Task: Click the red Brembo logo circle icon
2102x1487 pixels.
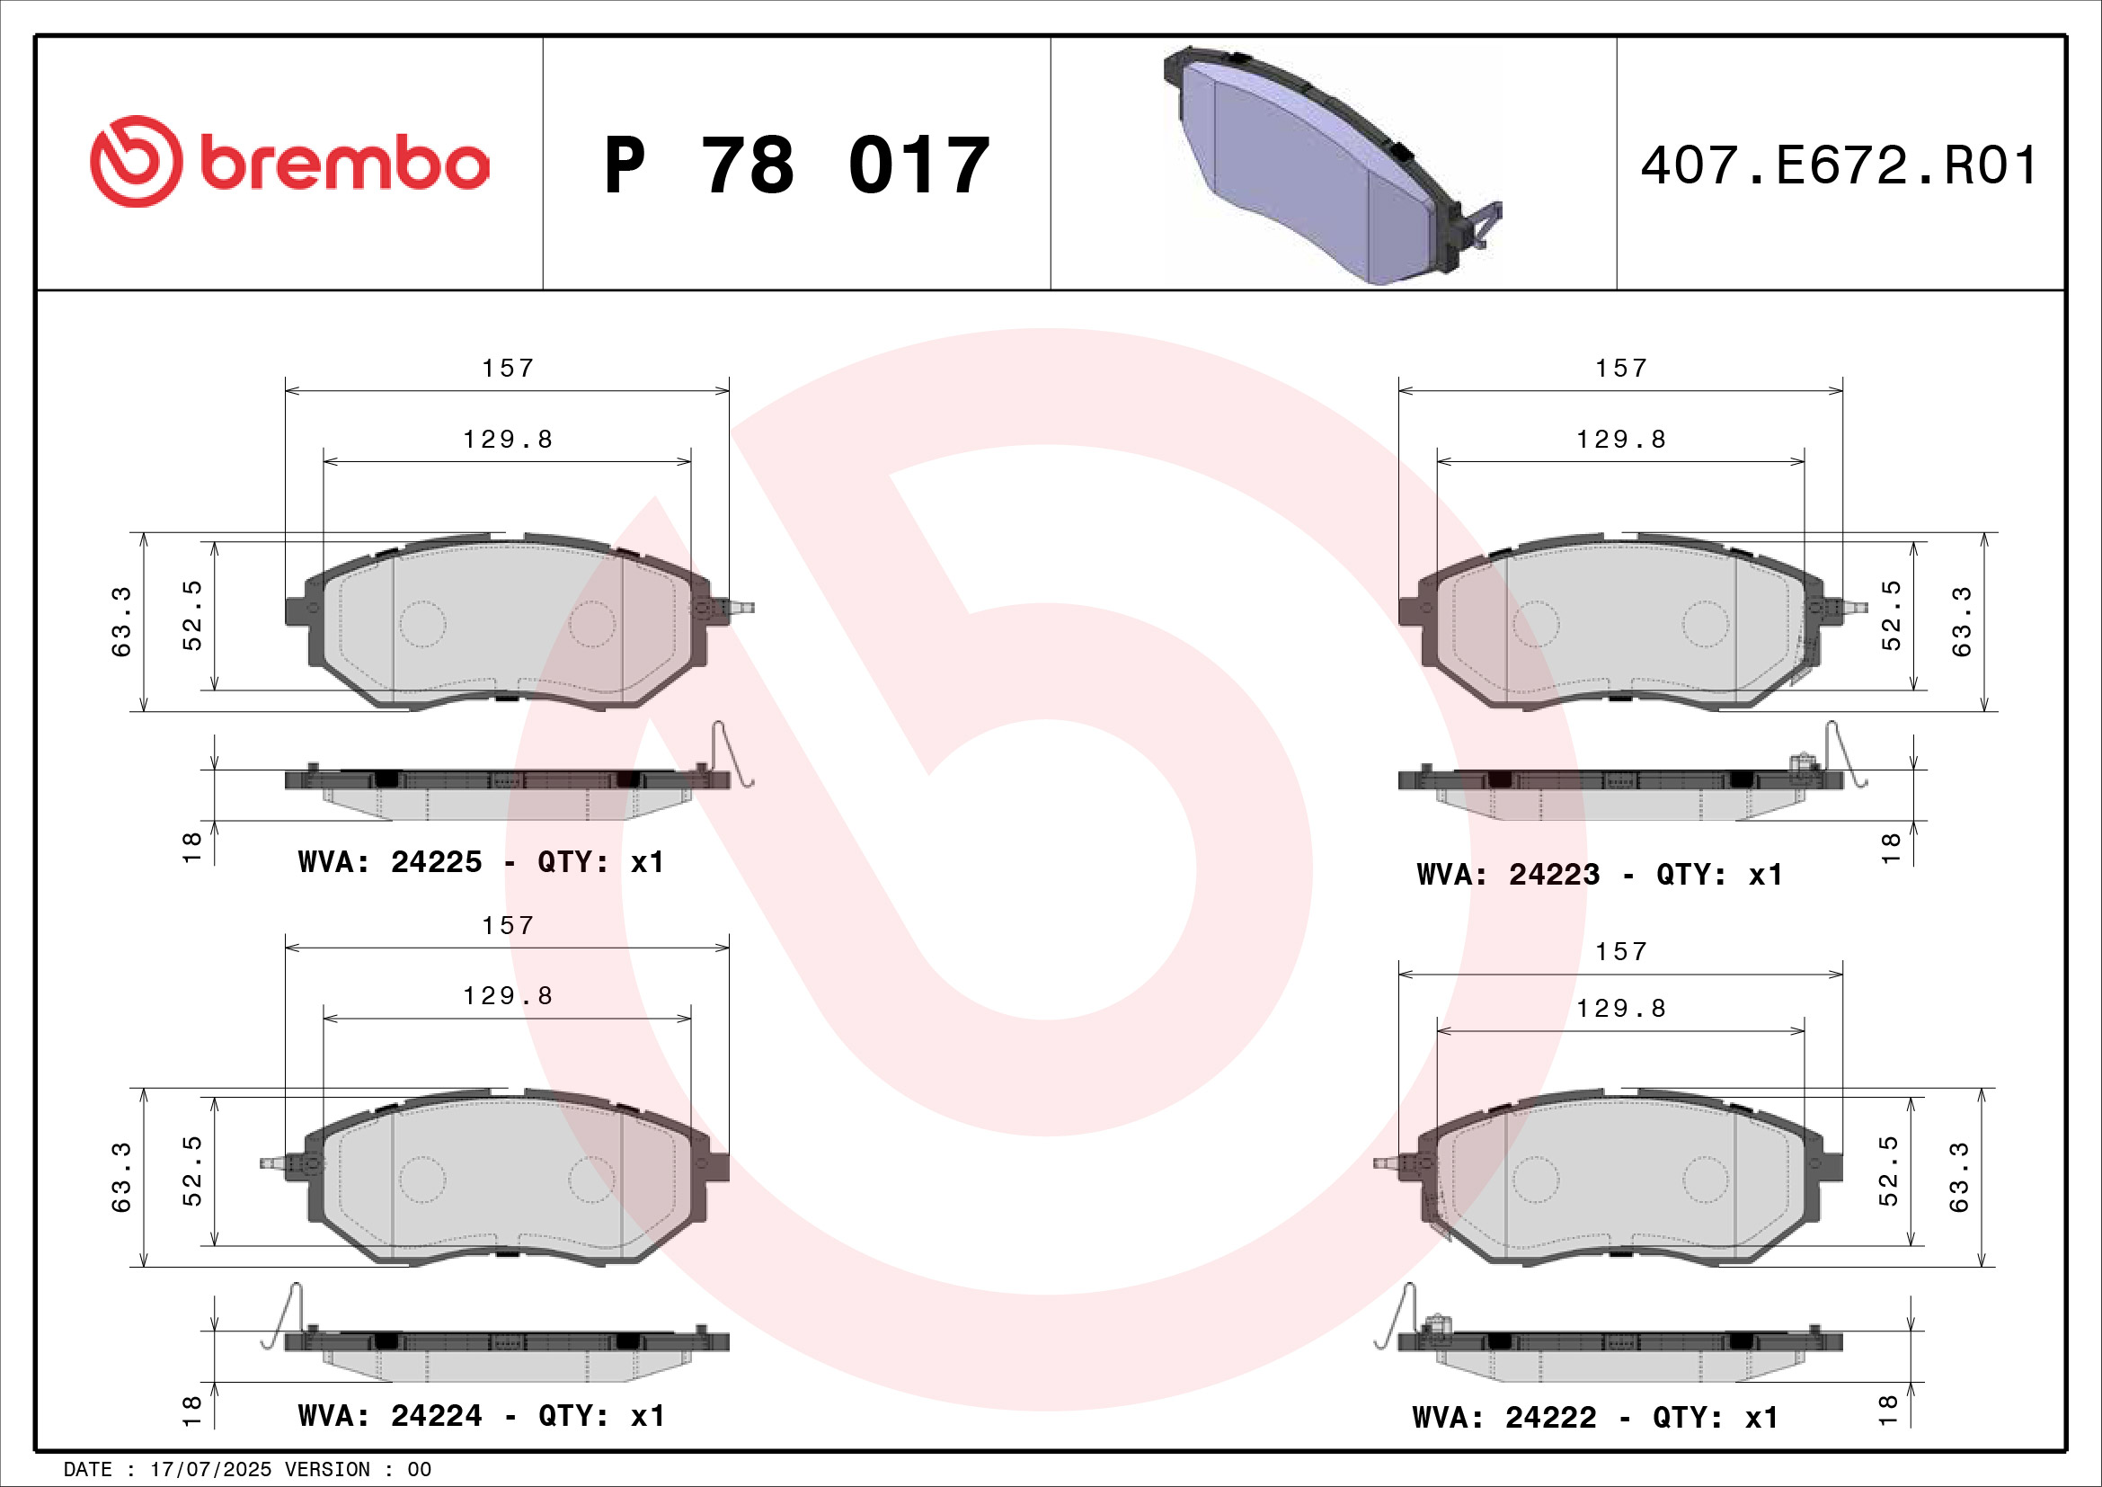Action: [136, 161]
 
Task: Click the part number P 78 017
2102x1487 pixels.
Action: [796, 165]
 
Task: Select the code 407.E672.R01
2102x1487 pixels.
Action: [1839, 165]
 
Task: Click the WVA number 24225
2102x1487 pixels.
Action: [436, 861]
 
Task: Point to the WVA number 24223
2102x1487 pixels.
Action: [1554, 875]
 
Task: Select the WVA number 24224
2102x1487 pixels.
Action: [436, 1416]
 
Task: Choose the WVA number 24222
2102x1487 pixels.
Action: [1550, 1418]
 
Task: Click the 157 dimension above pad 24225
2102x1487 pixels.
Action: [508, 368]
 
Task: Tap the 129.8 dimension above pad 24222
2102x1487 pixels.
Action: [1620, 1008]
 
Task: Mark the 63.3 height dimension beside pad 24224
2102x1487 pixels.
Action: [120, 1178]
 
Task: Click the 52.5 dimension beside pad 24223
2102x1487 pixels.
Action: [1892, 615]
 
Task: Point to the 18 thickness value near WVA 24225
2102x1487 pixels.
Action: [192, 848]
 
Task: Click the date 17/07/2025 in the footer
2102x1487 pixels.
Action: [210, 1470]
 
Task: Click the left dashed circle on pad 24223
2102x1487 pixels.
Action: [1535, 625]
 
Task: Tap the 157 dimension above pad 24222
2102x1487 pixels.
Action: [1620, 952]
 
